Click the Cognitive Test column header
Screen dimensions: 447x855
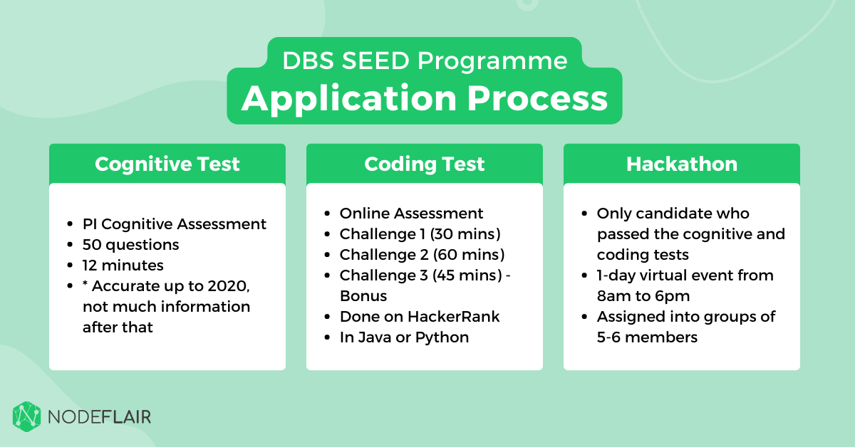coord(167,164)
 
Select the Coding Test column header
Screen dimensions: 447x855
coord(424,164)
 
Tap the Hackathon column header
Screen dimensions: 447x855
coord(681,164)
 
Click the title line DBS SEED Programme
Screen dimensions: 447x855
coord(425,61)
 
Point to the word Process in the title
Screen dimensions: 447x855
coord(541,99)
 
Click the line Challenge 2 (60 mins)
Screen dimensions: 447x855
coord(422,255)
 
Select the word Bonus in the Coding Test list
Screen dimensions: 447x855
coord(363,295)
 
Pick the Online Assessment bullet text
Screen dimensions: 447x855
coord(411,214)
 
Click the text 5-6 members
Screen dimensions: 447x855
coord(647,337)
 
